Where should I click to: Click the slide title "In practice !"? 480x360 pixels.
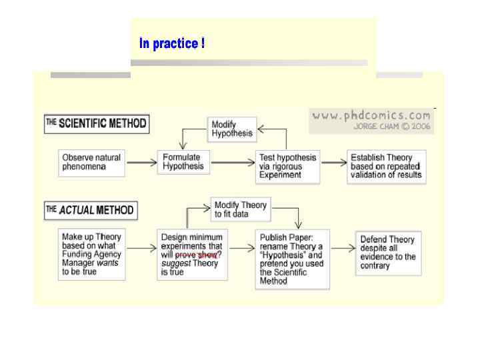[172, 44]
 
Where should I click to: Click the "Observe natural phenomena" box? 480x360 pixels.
[92, 162]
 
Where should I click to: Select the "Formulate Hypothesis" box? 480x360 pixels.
[183, 162]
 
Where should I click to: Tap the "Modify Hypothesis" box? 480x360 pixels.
[231, 129]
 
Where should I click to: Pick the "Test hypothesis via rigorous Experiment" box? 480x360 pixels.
[288, 166]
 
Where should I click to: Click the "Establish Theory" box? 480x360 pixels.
[387, 166]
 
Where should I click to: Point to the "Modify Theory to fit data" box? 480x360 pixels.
[240, 209]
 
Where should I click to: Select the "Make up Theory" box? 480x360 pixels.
[92, 254]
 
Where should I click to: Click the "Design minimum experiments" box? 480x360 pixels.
[193, 254]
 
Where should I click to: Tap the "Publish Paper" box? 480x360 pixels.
[292, 259]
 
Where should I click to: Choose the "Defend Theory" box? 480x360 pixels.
[388, 252]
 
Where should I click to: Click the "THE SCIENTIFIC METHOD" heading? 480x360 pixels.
[96, 123]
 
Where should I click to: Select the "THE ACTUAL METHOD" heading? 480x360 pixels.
[90, 211]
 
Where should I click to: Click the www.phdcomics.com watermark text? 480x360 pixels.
[371, 115]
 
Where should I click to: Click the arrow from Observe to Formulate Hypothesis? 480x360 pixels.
[141, 162]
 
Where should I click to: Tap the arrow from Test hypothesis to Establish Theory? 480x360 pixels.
[333, 162]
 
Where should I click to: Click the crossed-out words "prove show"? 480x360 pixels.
[196, 255]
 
